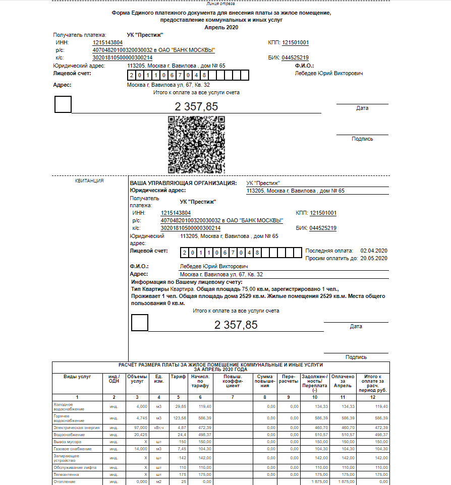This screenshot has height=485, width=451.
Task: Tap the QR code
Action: point(196,145)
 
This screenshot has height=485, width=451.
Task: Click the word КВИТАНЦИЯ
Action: point(89,180)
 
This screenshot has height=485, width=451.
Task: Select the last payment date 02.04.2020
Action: point(373,251)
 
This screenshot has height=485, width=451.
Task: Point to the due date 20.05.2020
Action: point(373,259)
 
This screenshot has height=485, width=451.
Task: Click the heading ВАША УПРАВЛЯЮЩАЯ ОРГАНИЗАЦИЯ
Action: point(183,183)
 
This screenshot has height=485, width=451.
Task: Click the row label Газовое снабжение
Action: point(72,449)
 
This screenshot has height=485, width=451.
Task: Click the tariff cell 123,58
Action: point(180,418)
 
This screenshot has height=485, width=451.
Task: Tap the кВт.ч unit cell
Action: point(158,428)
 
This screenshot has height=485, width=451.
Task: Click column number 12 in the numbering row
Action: point(372,397)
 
